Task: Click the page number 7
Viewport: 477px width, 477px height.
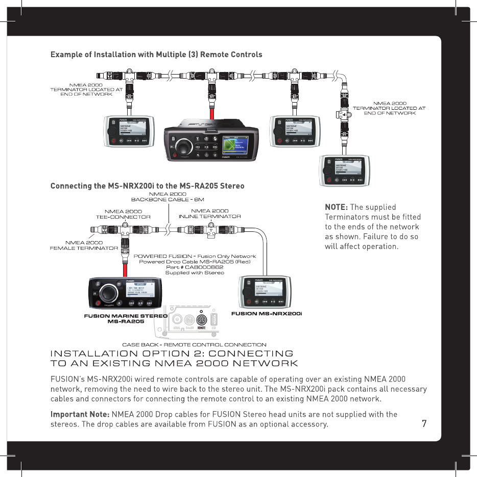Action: pos(424,423)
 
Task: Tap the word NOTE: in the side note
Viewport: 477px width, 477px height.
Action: pos(337,207)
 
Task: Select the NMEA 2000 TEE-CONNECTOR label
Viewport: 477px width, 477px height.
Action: pos(123,213)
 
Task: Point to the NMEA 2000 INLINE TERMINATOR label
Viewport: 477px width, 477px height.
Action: pos(209,213)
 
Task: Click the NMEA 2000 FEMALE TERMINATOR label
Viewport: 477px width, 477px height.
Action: pos(84,245)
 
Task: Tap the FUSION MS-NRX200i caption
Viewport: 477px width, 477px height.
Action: pos(267,313)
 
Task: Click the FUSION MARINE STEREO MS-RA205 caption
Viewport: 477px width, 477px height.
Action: pos(126,319)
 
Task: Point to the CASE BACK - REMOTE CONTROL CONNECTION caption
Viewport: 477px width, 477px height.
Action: pos(194,345)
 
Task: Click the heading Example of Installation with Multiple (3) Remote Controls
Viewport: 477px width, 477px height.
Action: pos(156,55)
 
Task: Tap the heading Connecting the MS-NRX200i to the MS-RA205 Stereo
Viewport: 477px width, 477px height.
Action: pos(147,185)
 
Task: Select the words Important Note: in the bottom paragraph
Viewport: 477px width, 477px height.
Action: pos(79,414)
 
